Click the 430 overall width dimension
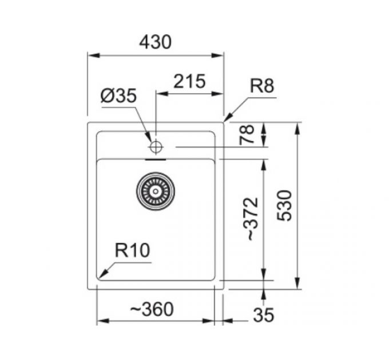click(x=155, y=42)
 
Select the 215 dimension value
click(x=189, y=82)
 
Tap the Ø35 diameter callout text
click(x=118, y=96)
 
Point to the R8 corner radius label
click(x=263, y=86)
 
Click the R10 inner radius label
click(x=132, y=250)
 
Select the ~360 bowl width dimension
click(x=152, y=309)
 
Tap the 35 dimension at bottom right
click(x=263, y=314)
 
